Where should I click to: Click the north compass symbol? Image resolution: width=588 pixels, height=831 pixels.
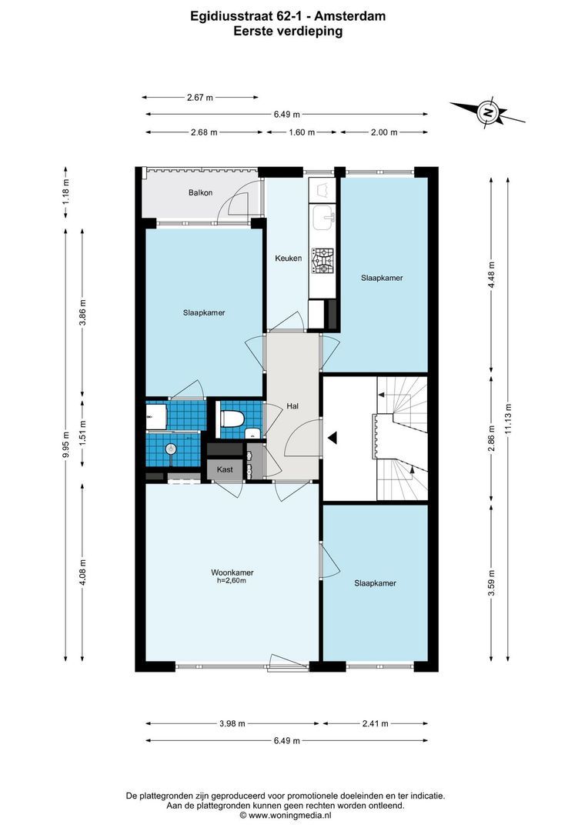tap(487, 112)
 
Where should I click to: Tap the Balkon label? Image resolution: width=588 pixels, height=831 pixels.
tap(200, 193)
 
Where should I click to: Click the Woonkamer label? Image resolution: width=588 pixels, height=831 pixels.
tap(232, 572)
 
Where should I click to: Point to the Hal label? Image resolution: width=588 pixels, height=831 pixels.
tap(292, 405)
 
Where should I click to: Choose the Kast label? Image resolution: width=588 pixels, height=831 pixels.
tap(225, 469)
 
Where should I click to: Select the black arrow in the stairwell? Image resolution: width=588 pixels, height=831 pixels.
tap(332, 438)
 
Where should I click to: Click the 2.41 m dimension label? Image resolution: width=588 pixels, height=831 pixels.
tap(374, 723)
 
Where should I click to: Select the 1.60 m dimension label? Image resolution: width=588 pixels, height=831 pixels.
tap(301, 132)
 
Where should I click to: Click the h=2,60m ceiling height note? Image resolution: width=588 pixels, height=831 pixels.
tap(232, 582)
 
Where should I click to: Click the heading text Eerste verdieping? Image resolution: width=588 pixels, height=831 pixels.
tap(289, 32)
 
